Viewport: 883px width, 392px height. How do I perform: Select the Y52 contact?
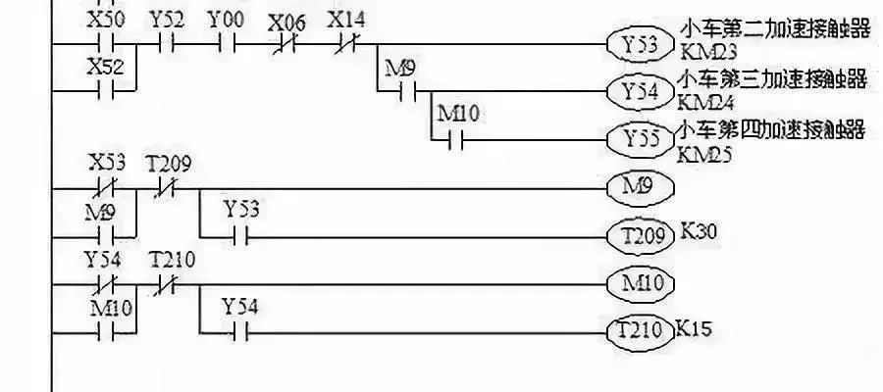coord(166,44)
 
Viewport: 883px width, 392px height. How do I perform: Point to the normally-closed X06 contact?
coord(286,44)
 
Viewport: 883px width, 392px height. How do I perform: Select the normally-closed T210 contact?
coord(166,284)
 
